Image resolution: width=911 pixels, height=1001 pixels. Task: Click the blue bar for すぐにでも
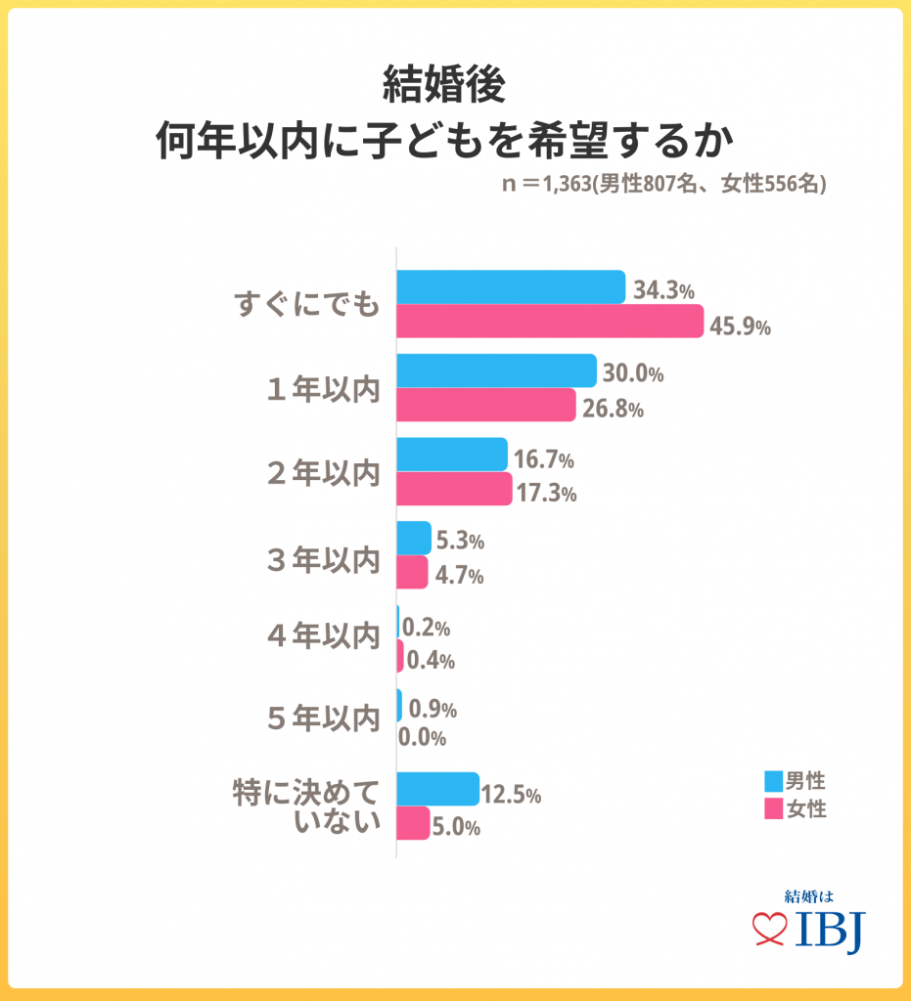(x=510, y=286)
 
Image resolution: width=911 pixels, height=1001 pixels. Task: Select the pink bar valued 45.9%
(x=549, y=322)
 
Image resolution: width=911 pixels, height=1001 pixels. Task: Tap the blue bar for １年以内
(x=496, y=370)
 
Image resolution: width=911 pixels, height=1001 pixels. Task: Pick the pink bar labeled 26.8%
(x=485, y=406)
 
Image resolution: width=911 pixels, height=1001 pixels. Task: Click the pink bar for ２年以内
(x=454, y=490)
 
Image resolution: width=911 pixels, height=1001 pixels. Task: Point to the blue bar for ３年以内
(x=414, y=538)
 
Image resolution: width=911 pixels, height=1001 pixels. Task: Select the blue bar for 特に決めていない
(x=437, y=789)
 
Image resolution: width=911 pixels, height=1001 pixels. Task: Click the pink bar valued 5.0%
(x=413, y=823)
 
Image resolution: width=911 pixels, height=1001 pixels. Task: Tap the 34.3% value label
(x=664, y=290)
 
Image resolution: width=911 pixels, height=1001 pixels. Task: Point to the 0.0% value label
(x=423, y=738)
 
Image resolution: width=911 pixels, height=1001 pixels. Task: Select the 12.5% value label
(x=512, y=795)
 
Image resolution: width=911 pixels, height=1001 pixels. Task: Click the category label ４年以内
(x=322, y=635)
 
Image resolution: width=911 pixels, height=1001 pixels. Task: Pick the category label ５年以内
(x=322, y=718)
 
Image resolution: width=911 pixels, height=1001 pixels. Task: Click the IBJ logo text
(x=830, y=932)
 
